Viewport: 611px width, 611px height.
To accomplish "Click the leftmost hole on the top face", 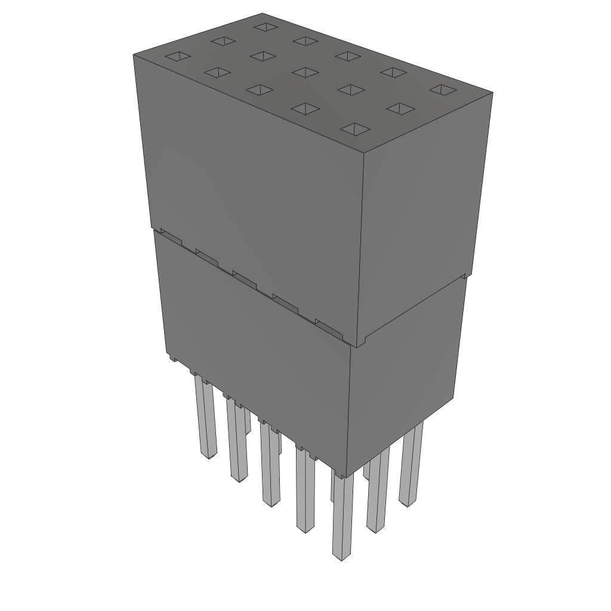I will (177, 57).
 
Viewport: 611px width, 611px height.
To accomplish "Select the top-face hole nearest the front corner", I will (355, 128).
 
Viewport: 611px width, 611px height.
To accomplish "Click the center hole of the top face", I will (305, 72).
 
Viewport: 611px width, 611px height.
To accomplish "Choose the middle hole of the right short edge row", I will (399, 108).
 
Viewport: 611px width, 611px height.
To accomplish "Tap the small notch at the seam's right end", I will (464, 277).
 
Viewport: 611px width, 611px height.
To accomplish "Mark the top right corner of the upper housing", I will (492, 93).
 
